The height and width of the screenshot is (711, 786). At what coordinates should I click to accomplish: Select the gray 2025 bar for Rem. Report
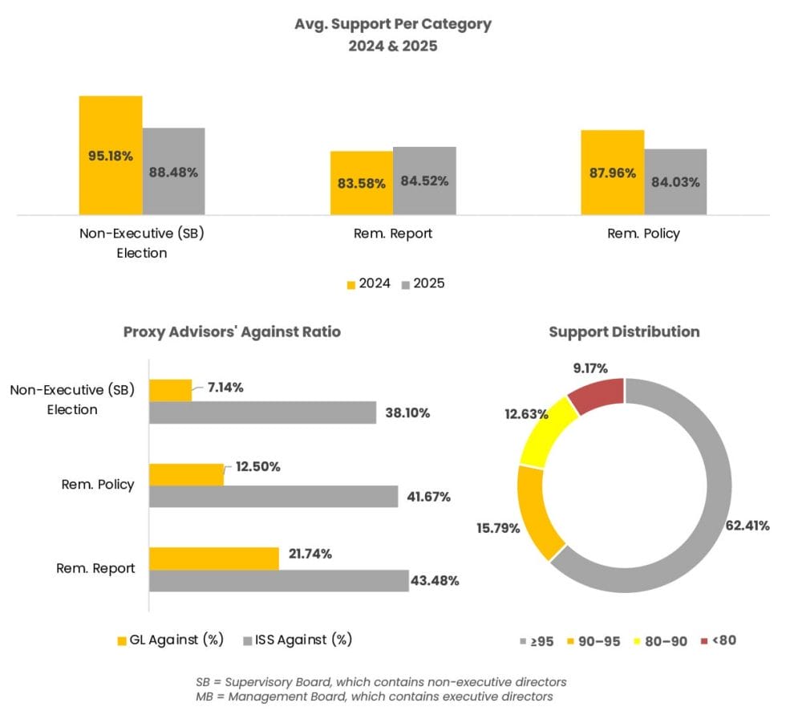424,201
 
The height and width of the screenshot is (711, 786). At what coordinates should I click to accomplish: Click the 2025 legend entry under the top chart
423,283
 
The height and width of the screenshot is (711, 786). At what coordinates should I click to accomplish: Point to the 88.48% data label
173,172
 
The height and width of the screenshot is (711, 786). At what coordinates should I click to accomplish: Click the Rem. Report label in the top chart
392,234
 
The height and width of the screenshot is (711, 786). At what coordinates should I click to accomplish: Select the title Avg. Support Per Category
392,24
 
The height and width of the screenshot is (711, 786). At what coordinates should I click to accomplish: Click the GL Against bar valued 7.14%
171,390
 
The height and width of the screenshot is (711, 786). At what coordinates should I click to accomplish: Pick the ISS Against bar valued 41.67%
273,496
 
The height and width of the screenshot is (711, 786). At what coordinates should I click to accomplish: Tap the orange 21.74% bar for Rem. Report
214,559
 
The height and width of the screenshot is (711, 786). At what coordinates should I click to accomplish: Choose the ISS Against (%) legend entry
297,640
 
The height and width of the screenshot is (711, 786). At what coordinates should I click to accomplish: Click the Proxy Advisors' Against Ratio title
232,332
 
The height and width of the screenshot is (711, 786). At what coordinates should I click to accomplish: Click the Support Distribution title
623,331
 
